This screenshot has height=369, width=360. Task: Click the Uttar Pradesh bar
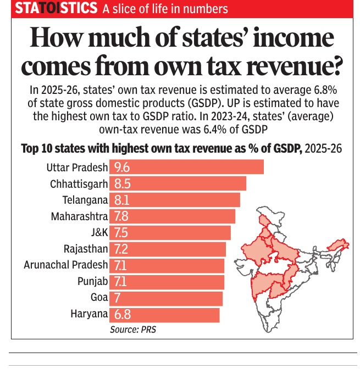click(x=187, y=167)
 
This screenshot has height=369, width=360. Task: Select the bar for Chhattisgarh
click(x=178, y=183)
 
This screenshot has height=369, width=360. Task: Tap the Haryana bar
click(x=165, y=315)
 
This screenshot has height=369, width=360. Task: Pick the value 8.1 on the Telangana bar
click(x=121, y=200)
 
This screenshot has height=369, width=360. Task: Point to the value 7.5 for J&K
click(x=121, y=232)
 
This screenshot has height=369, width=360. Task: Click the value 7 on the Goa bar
click(x=117, y=298)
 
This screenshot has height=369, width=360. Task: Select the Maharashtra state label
click(x=79, y=216)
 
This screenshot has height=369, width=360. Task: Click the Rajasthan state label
click(x=86, y=249)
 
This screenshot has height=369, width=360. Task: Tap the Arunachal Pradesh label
click(x=66, y=265)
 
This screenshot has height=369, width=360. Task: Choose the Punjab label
click(x=93, y=282)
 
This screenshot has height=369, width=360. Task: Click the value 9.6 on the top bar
click(x=122, y=167)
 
